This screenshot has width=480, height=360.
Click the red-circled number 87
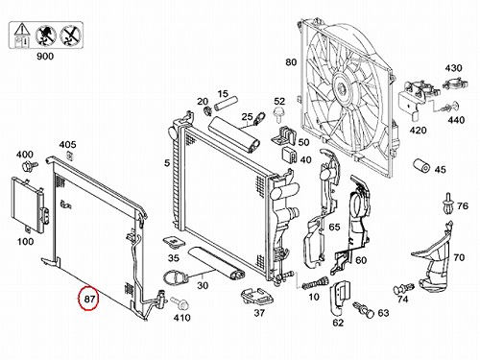(x=89, y=299)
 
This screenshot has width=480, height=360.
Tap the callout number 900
(x=45, y=57)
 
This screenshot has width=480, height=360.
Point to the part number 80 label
(x=291, y=62)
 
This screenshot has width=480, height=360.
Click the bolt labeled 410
(x=180, y=303)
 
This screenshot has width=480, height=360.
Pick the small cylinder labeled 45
(x=421, y=165)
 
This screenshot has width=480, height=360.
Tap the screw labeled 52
(x=277, y=115)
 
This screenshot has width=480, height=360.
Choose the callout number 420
(x=418, y=131)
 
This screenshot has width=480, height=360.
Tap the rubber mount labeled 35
(x=174, y=243)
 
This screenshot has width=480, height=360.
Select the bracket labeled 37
(x=256, y=297)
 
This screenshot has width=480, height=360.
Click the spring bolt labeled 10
(x=315, y=283)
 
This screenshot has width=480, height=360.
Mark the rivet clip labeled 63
(x=364, y=309)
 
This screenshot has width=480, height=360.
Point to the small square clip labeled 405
(x=69, y=156)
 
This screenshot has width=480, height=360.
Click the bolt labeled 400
(x=29, y=166)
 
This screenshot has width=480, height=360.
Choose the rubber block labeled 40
(x=289, y=155)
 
